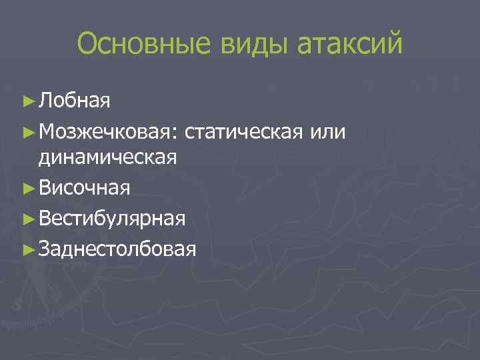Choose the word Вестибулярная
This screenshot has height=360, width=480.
(x=112, y=218)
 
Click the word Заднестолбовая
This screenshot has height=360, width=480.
(x=117, y=248)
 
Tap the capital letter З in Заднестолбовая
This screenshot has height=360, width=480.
(x=45, y=248)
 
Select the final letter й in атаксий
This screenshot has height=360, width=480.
(x=395, y=45)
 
